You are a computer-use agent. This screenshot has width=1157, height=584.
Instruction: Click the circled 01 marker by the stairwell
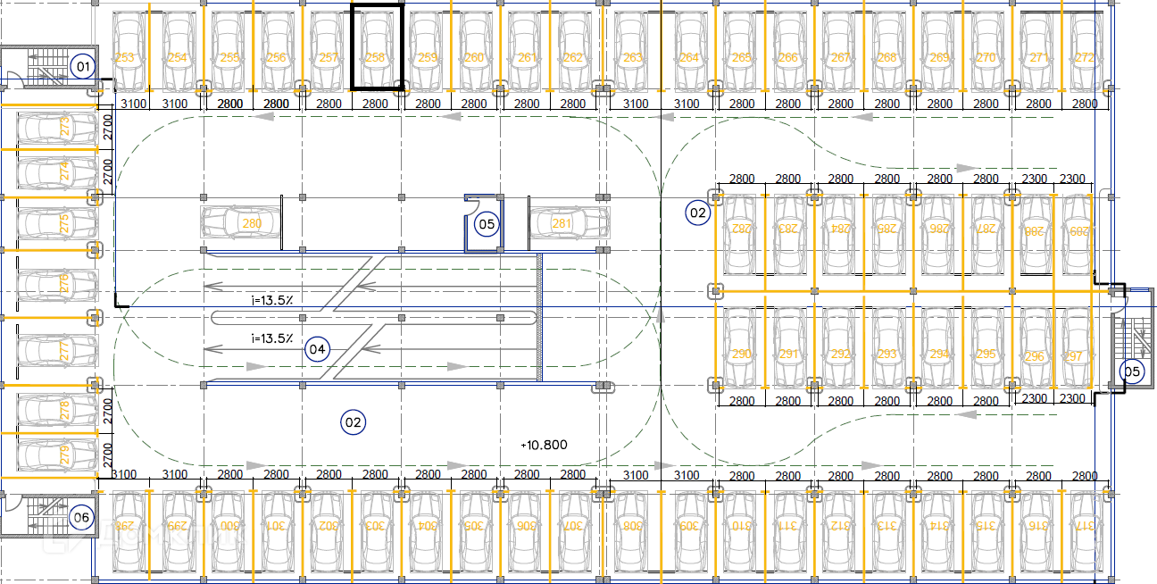[x=83, y=65]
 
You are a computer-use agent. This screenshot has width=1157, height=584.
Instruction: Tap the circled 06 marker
[x=82, y=517]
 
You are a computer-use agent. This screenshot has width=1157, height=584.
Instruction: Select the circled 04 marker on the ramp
[x=317, y=349]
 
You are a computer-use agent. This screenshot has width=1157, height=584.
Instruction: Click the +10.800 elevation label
[x=544, y=444]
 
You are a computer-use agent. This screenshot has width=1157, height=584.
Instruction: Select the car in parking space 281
[x=569, y=223]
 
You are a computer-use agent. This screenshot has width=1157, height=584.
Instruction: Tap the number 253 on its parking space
[x=125, y=58]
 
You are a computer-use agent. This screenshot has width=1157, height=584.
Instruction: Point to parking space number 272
[x=1085, y=58]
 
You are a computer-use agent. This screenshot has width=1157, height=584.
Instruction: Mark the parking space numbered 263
[x=632, y=58]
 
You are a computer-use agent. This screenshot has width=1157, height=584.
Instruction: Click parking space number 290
[x=740, y=355]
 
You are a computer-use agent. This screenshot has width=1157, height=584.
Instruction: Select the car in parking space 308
[x=632, y=527]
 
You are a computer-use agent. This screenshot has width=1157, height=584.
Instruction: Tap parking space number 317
[x=1085, y=527]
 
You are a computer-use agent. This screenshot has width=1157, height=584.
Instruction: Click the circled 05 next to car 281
[x=487, y=223]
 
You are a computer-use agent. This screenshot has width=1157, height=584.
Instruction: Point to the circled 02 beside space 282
[x=697, y=213]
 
